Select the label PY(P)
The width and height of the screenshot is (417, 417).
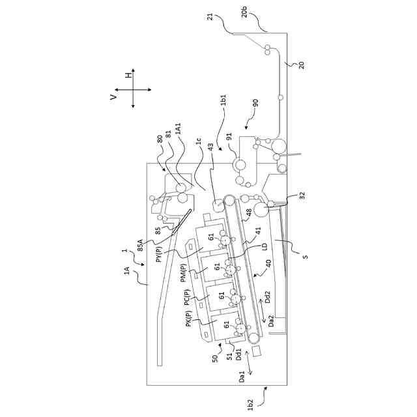coord(160,253)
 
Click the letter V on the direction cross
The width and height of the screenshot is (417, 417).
coord(113,96)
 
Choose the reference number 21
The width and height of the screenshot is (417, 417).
coord(210,18)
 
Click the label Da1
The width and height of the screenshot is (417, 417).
coord(242,377)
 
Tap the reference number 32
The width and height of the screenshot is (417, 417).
coord(302,195)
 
